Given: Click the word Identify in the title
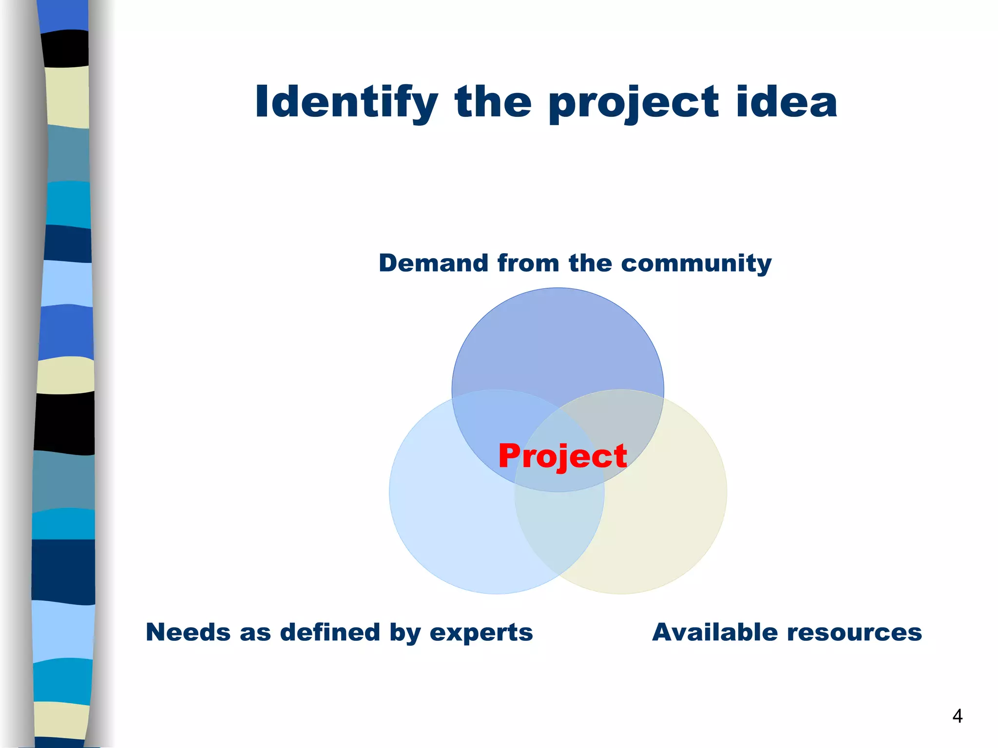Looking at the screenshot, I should click(346, 102).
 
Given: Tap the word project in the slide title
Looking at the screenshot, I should click(633, 103).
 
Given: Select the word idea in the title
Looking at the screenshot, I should click(787, 102).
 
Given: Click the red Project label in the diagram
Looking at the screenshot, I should click(562, 457).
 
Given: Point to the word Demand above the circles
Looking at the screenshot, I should click(434, 263).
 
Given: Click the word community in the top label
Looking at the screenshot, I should click(696, 263).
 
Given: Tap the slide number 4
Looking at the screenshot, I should click(957, 716).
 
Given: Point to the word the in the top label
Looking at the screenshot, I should click(590, 263).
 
